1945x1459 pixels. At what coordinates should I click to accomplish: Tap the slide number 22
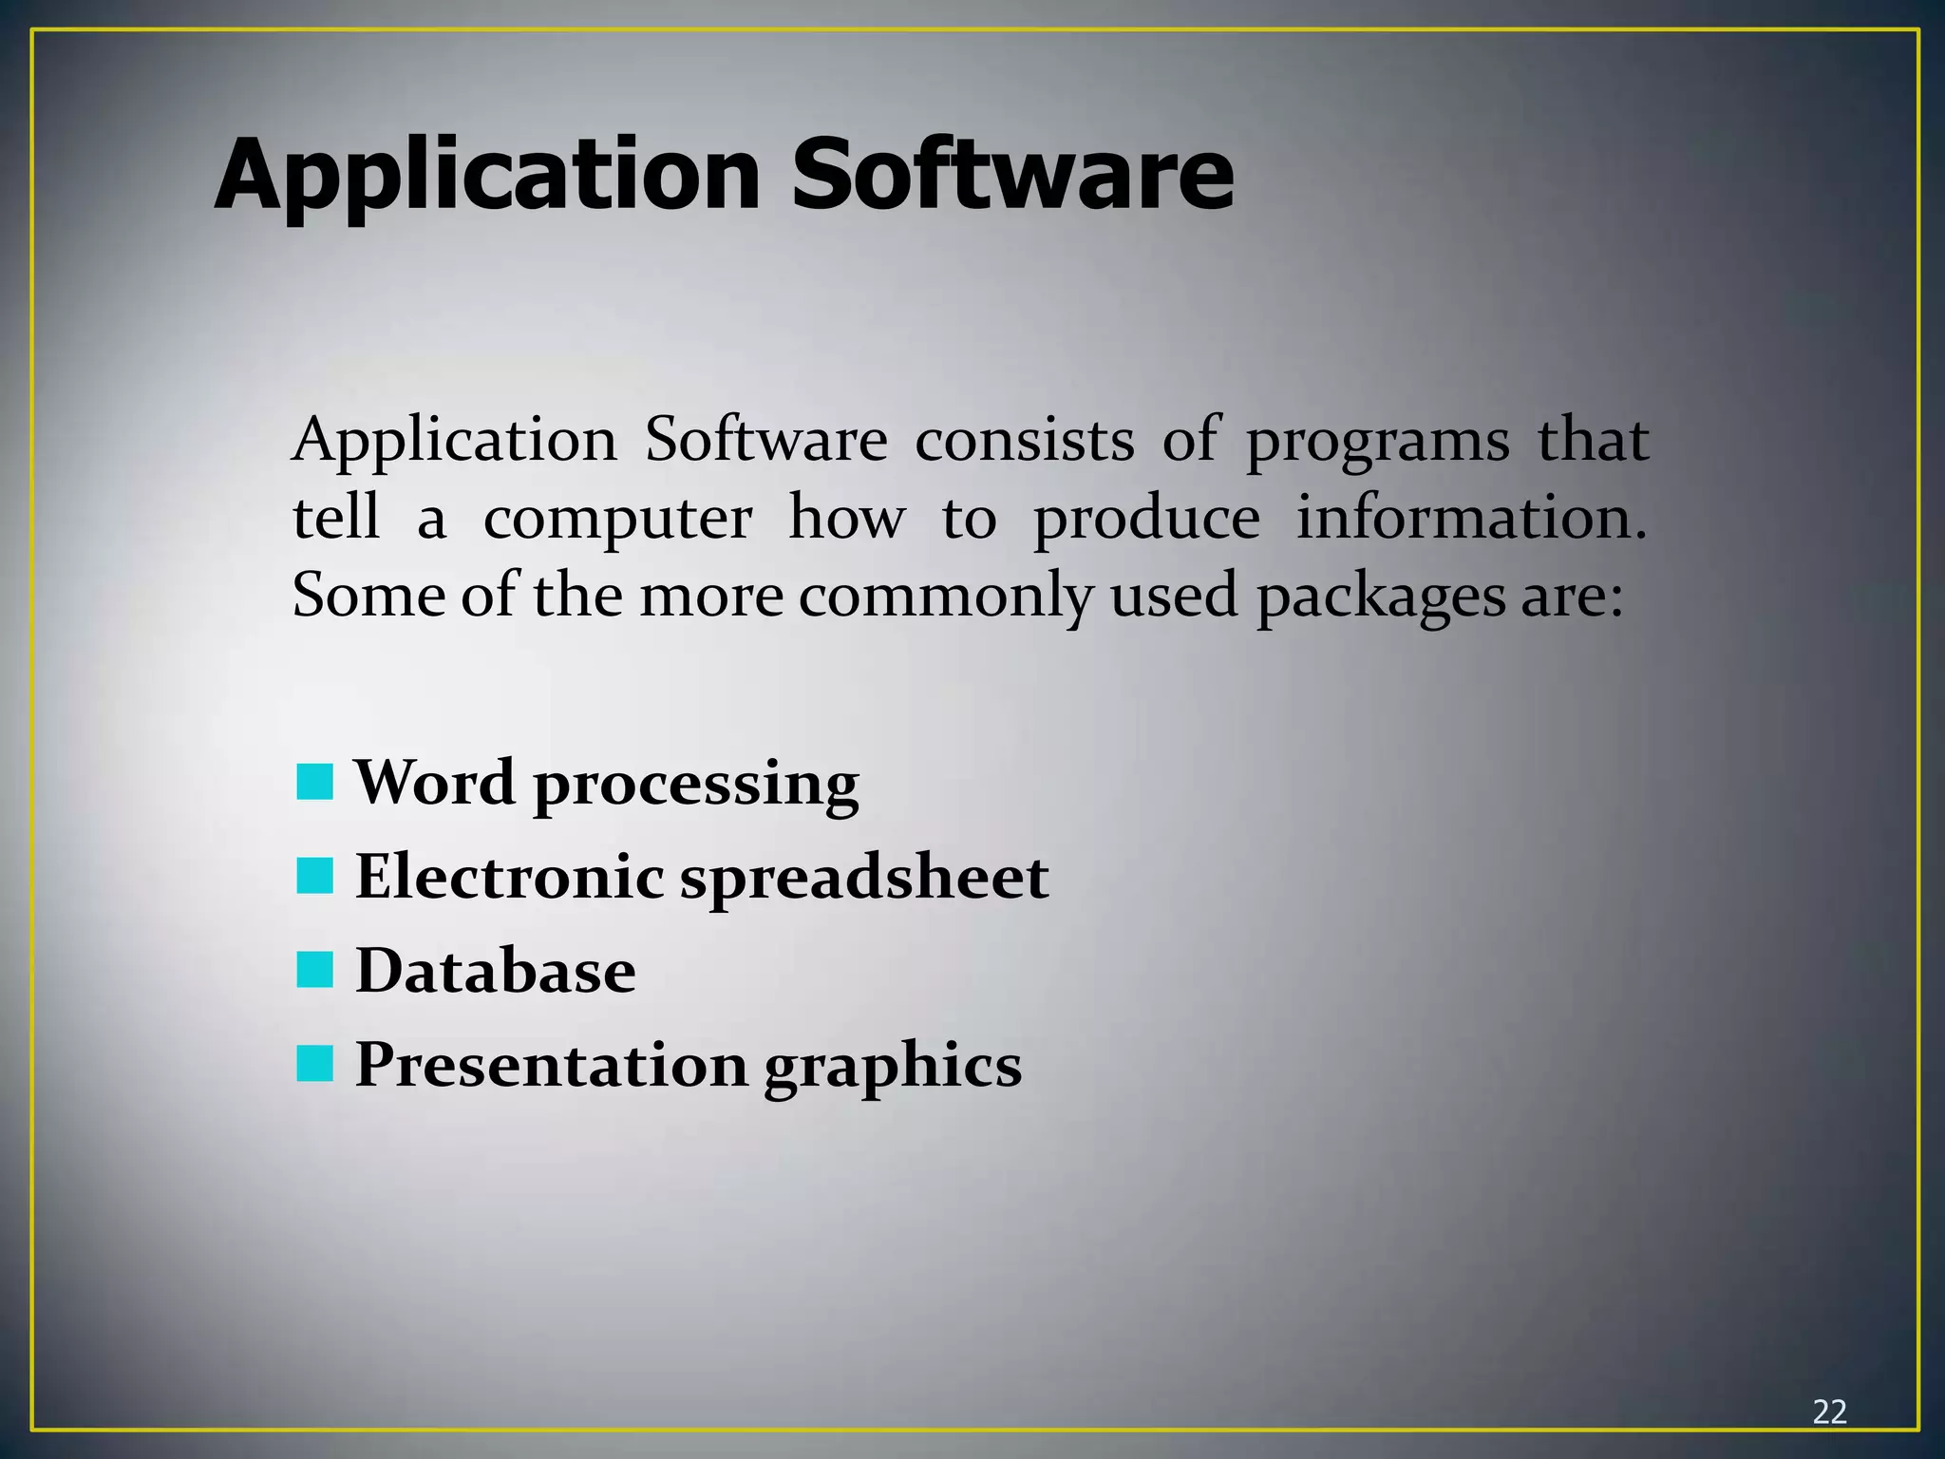tap(1829, 1412)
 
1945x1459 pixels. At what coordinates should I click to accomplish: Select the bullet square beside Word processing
tap(314, 783)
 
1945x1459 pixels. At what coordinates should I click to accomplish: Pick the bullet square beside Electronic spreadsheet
tap(314, 876)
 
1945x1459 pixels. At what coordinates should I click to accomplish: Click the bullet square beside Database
tap(314, 970)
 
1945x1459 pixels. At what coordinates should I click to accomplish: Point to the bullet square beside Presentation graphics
tap(314, 1064)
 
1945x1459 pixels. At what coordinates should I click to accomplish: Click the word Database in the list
tap(496, 971)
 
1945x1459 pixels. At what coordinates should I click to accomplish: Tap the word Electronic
tap(509, 876)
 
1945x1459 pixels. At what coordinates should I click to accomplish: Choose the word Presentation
tap(551, 1065)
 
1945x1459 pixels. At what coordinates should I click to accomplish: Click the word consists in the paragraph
tap(1025, 441)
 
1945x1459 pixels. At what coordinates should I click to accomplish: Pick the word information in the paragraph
tap(1471, 519)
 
